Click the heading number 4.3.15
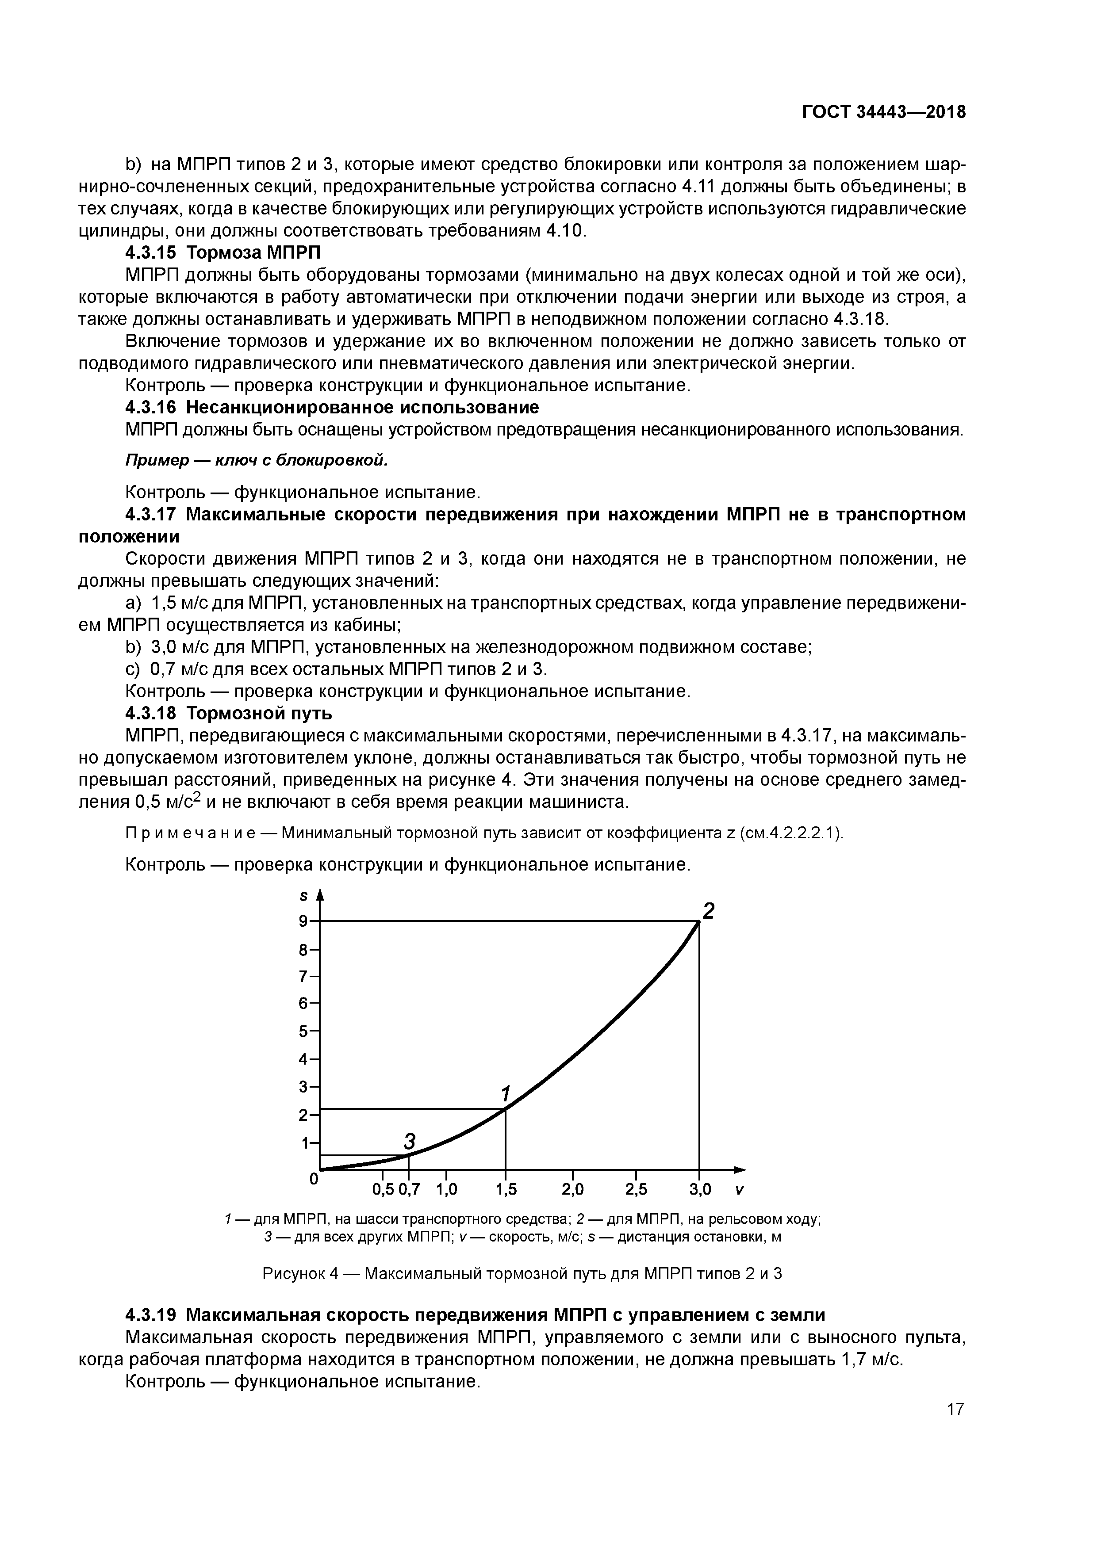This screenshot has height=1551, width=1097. pyautogui.click(x=150, y=252)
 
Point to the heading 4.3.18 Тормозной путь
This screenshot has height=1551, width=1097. pyautogui.click(x=228, y=713)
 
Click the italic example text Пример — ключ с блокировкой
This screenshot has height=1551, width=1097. pyautogui.click(x=257, y=460)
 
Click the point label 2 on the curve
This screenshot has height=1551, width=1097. pyautogui.click(x=708, y=911)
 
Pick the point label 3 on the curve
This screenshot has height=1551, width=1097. pyautogui.click(x=409, y=1142)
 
